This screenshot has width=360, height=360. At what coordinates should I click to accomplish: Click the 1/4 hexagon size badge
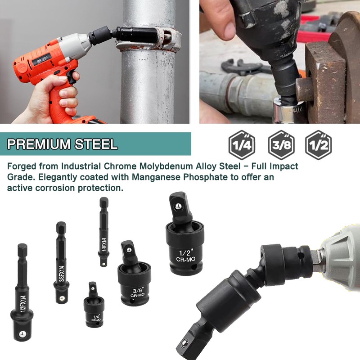[242, 145]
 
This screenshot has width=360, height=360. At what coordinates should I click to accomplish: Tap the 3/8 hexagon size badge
[281, 145]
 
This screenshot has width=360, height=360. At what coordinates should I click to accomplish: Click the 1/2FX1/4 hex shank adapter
[22, 292]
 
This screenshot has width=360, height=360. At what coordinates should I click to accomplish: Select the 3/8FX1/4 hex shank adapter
[61, 265]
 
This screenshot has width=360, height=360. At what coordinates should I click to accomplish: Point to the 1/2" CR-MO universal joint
[184, 241]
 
